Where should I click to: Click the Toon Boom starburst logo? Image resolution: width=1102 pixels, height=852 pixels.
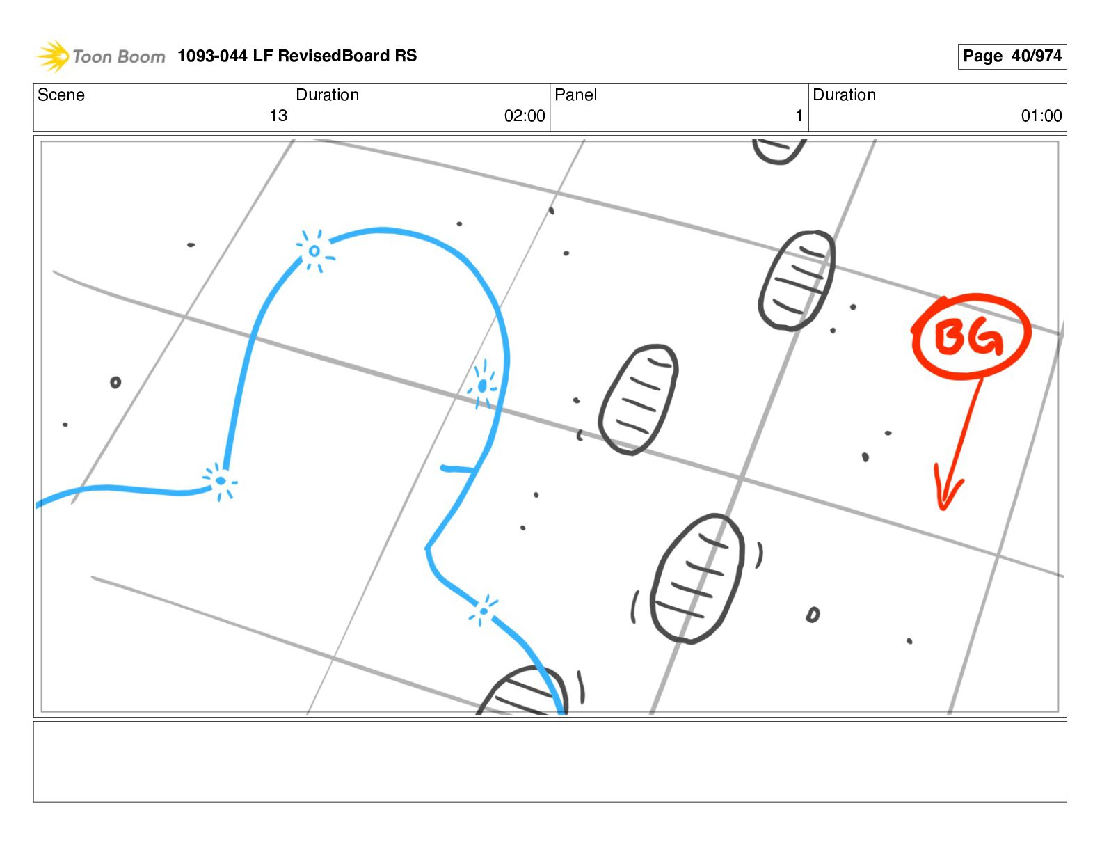coord(53,56)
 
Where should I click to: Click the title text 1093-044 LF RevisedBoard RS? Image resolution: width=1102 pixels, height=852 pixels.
coord(297,55)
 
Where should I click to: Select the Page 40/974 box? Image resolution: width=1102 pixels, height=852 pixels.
coord(1012,56)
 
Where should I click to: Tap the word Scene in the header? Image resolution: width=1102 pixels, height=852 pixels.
coord(61,95)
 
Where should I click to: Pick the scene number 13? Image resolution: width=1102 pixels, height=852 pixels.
coord(278,116)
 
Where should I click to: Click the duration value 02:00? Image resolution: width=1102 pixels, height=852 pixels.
coord(525,116)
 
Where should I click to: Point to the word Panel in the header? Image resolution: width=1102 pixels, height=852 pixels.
coord(575,95)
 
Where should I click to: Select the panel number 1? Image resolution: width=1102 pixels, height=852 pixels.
coord(799,116)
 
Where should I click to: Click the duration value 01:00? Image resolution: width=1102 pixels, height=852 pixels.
coord(1041,116)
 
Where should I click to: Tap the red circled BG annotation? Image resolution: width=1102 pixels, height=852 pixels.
coord(970,336)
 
